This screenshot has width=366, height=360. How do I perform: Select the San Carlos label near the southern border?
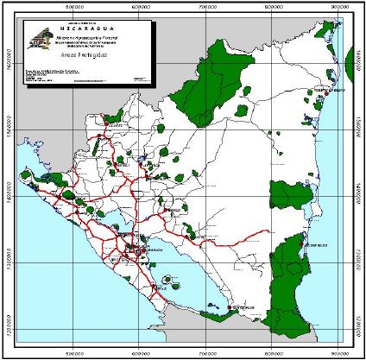[241, 308]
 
